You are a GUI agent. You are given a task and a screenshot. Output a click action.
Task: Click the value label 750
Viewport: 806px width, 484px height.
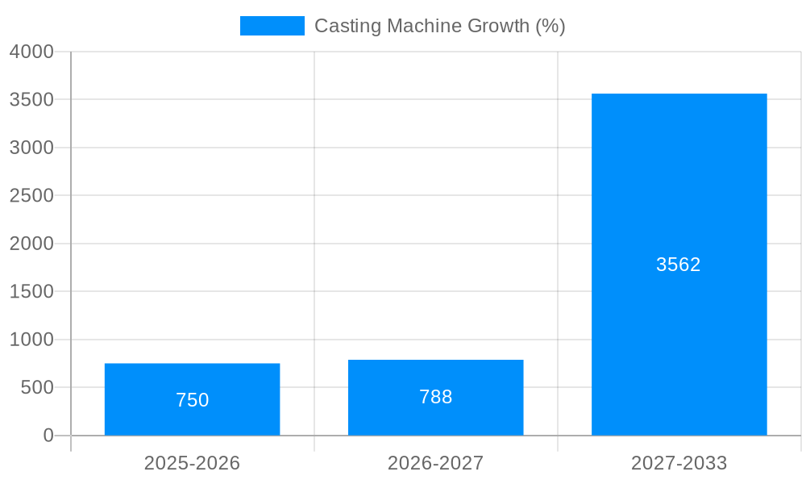click(192, 400)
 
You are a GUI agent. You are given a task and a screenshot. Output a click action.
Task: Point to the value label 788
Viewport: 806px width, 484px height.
click(435, 397)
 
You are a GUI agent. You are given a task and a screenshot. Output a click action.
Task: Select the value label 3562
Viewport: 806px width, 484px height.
click(679, 265)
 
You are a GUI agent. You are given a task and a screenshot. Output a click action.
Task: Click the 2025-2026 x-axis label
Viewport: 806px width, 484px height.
click(192, 463)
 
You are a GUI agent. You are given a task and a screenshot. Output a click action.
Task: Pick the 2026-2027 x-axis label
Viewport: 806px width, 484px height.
click(435, 463)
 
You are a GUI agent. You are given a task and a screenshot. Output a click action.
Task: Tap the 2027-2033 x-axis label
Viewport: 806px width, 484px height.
click(679, 463)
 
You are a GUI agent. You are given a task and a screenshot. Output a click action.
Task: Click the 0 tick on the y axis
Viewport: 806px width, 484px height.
click(48, 436)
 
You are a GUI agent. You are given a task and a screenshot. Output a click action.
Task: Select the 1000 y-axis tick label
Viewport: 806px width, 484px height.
click(31, 340)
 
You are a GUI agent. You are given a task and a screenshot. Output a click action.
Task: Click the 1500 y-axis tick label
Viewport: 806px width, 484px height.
click(31, 291)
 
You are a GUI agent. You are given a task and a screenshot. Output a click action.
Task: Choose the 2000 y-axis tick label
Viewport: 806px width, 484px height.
click(31, 244)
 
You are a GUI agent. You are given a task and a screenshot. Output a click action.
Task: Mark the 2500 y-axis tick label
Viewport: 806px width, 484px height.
click(31, 195)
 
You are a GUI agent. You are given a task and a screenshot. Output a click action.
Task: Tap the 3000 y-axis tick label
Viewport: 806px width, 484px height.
click(31, 148)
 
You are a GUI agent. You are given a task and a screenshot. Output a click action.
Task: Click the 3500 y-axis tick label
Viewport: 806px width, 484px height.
click(31, 99)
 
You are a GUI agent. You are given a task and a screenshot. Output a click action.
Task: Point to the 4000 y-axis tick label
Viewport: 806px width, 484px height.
click(31, 52)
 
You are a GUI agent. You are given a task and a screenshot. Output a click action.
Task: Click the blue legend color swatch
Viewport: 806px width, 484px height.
click(272, 26)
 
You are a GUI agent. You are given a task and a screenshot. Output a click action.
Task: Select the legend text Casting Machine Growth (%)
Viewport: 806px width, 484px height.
click(439, 26)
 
